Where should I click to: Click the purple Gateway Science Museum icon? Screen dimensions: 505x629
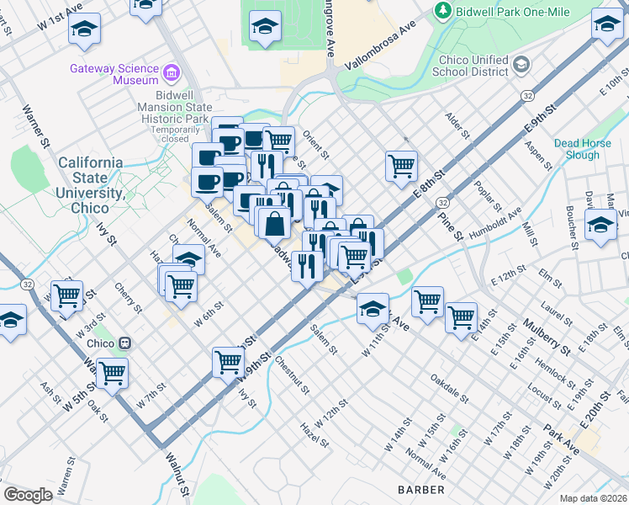click(x=172, y=73)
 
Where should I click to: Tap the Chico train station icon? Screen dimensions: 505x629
click(x=125, y=343)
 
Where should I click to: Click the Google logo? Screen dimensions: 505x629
click(x=28, y=494)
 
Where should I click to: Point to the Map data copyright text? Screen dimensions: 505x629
click(x=593, y=498)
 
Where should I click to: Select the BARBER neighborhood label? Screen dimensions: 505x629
click(x=421, y=489)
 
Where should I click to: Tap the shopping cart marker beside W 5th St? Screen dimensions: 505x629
click(x=111, y=371)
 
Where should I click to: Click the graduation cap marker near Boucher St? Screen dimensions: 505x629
click(x=600, y=225)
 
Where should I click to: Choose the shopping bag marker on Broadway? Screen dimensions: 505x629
click(x=275, y=224)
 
